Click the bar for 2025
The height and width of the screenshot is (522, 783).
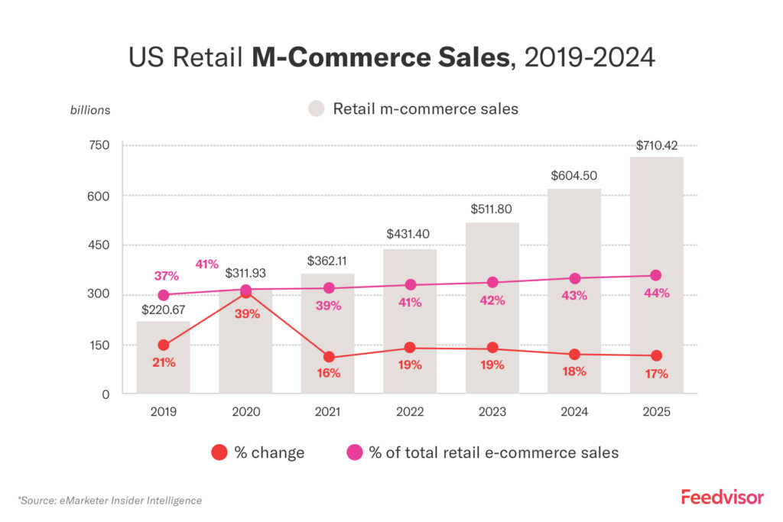tap(656, 275)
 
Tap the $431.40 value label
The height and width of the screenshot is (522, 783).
tap(410, 232)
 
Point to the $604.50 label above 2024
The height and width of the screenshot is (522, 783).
tap(574, 175)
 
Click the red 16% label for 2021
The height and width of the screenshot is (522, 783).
tap(328, 374)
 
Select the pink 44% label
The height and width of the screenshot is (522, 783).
tap(656, 293)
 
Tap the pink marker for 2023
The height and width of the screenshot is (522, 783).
tap(492, 283)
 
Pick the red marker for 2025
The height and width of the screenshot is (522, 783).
tap(656, 355)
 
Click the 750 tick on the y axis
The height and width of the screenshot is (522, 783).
tap(101, 145)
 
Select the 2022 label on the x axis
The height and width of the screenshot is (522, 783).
tap(410, 412)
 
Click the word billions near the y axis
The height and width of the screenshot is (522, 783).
tap(90, 110)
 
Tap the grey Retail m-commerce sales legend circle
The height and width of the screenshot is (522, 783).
tap(317, 109)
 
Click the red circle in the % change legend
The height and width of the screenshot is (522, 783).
tap(219, 452)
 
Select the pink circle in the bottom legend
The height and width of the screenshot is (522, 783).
tap(354, 452)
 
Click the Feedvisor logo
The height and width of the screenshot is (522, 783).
tap(722, 498)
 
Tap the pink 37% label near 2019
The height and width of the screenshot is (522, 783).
tap(167, 275)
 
